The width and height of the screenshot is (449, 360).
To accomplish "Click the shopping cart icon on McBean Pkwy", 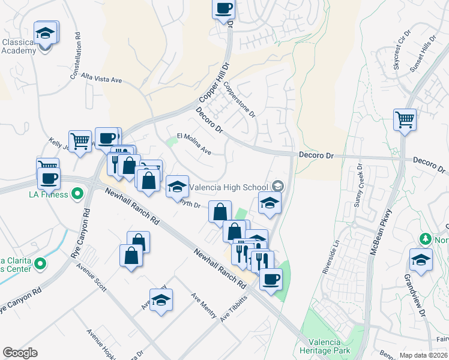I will tap(405, 119).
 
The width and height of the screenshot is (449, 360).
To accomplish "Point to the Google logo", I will tap(20, 353).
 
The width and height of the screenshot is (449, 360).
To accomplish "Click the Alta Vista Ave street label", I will tap(101, 79).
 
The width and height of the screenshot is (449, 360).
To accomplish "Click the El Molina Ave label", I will tap(193, 143).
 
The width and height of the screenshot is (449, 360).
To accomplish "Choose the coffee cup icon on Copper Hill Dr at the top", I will tap(223, 8).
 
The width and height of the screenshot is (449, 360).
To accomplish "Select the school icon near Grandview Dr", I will tap(421, 260).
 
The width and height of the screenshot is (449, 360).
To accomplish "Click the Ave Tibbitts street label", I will tap(234, 309).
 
